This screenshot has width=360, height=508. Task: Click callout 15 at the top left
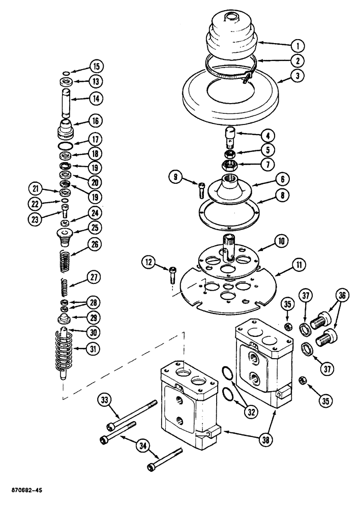96,66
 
